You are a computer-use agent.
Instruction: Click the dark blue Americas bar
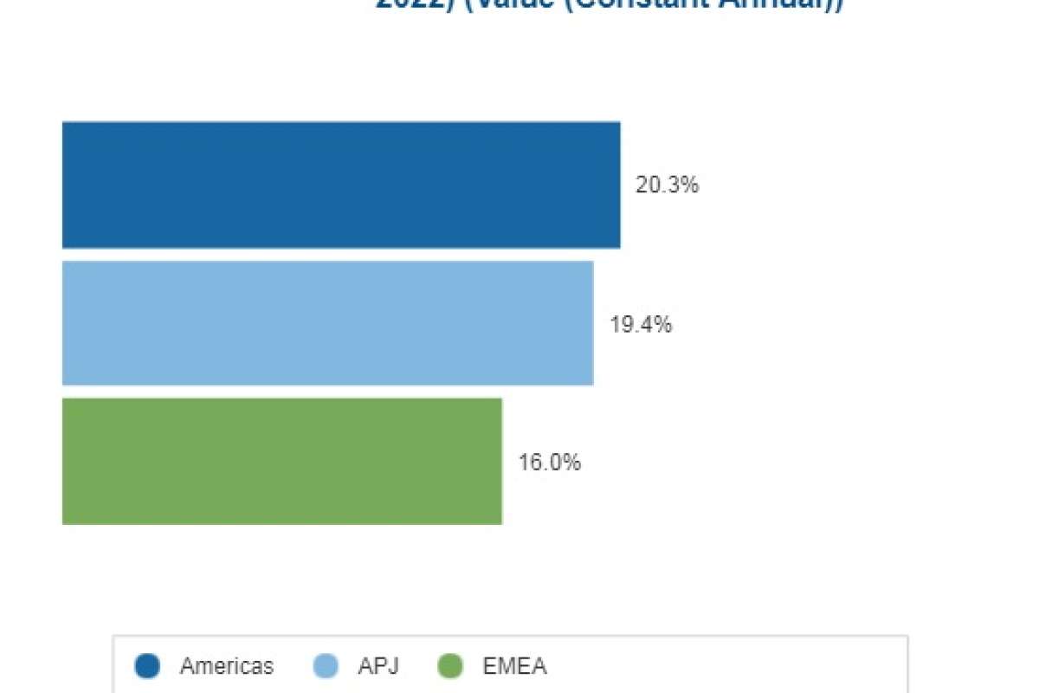tap(341, 185)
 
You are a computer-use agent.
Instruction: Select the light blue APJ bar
tap(327, 323)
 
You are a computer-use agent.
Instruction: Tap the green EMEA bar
tap(282, 461)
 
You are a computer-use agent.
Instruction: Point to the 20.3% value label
tap(667, 185)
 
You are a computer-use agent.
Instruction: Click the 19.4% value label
tap(641, 325)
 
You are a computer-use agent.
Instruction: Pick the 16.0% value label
tap(549, 463)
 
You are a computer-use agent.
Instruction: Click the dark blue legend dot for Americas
tap(148, 666)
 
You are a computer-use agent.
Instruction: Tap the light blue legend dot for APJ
tap(325, 666)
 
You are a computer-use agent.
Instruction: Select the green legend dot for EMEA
tap(450, 666)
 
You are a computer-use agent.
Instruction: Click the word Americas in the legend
tap(227, 666)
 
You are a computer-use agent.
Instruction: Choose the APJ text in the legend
tap(378, 666)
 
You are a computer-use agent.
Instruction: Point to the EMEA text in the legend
tap(514, 666)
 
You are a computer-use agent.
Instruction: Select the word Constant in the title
tap(658, 4)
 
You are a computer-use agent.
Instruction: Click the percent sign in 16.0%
tap(572, 463)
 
